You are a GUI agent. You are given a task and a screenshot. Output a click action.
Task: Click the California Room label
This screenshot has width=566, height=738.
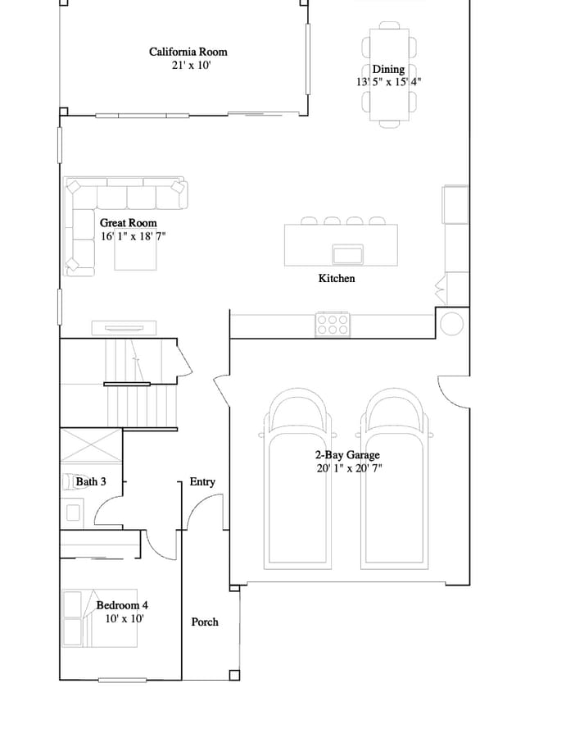188,52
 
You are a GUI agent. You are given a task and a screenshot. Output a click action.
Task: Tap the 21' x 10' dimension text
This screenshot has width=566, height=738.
192,65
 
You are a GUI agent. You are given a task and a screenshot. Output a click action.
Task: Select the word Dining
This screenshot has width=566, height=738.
388,69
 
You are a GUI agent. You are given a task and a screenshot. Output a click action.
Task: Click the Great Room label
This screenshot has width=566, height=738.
129,222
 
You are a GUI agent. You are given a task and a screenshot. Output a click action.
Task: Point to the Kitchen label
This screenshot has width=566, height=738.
337,278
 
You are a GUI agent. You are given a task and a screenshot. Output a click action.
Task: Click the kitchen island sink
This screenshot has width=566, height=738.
348,255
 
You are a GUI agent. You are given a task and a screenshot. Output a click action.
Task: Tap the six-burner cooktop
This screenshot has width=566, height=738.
333,324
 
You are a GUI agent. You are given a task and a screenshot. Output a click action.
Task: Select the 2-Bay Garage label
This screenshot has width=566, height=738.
347,455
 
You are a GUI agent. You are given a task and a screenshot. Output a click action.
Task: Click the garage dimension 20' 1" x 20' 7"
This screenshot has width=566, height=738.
349,468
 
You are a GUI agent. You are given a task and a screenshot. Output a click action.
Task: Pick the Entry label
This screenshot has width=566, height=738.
202,481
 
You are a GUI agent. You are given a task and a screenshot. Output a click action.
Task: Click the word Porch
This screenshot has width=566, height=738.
205,622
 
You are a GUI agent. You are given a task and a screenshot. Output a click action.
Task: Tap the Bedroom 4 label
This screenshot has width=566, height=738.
122,605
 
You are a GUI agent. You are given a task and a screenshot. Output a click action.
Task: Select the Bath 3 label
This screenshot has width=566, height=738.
91,481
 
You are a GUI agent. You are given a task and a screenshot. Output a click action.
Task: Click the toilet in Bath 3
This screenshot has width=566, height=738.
69,481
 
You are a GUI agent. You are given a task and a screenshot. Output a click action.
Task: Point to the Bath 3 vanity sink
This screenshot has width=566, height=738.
73,513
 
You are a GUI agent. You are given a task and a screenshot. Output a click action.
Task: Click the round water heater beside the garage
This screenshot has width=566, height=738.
452,324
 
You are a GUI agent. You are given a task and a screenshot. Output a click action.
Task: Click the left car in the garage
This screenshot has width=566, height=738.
297,479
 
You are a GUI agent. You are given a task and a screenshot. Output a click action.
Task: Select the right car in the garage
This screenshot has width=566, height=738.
395,479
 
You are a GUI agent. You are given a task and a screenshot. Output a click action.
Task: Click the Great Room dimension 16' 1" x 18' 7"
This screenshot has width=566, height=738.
134,236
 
